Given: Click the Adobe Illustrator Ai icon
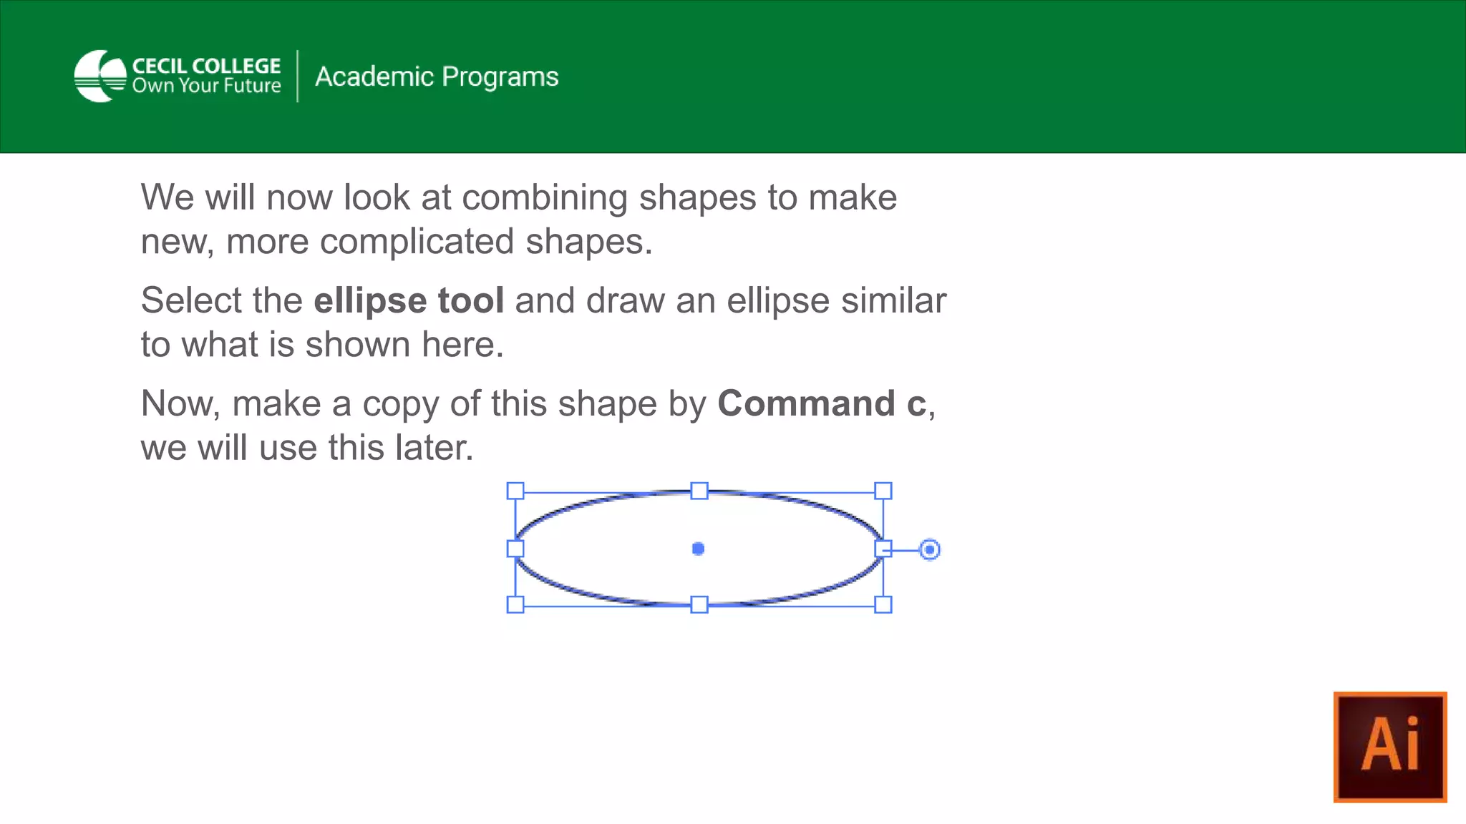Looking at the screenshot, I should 1390,747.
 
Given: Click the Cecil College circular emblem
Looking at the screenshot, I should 100,76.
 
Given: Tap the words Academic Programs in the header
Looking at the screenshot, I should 437,77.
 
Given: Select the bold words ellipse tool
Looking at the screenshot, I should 409,300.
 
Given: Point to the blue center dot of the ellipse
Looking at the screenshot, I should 699,549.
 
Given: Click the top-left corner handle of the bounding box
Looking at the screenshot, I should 515,491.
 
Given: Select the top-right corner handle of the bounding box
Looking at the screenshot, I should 883,491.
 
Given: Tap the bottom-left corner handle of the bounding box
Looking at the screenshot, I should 515,604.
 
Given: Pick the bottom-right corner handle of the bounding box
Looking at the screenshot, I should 883,604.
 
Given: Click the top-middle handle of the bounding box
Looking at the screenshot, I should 699,491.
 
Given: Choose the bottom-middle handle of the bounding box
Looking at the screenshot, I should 699,604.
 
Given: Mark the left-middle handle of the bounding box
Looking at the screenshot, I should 515,549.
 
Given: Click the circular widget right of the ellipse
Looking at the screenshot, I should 929,549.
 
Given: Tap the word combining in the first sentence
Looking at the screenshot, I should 545,198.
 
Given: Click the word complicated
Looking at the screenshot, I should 417,242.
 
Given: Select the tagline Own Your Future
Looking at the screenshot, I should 206,86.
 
